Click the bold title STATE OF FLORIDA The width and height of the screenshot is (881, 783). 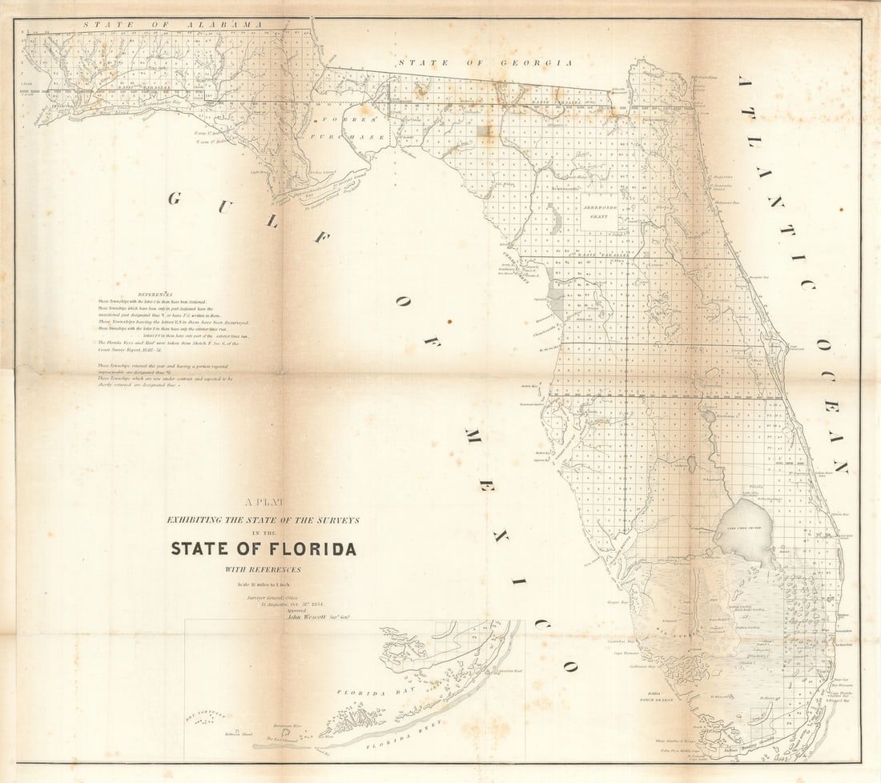(x=263, y=549)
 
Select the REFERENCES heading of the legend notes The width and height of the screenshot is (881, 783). (x=155, y=294)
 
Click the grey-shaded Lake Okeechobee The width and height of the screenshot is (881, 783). (x=744, y=528)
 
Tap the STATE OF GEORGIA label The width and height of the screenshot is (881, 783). (x=485, y=62)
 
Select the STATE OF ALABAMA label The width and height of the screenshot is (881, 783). (x=172, y=25)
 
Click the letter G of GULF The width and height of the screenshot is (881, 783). (x=174, y=198)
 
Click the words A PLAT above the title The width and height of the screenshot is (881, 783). (x=262, y=503)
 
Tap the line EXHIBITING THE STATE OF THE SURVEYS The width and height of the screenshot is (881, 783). (x=263, y=520)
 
